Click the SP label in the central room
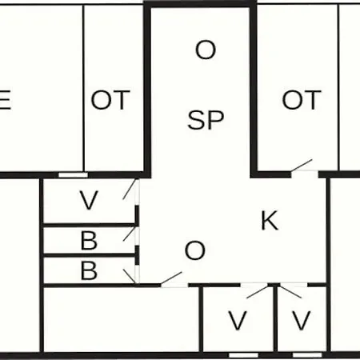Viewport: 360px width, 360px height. (206, 120)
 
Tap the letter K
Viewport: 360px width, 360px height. (270, 220)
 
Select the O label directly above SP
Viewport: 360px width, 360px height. (206, 50)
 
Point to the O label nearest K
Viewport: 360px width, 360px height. (195, 250)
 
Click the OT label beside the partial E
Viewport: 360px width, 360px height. (110, 100)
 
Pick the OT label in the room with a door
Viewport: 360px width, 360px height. (302, 100)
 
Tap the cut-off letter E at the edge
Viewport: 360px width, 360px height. (5, 100)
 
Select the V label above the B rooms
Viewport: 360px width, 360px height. (89, 200)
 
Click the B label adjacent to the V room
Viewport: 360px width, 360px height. (89, 240)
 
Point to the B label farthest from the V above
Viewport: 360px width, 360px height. (89, 270)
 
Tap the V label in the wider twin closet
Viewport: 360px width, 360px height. (238, 321)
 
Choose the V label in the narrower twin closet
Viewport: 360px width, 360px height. (302, 321)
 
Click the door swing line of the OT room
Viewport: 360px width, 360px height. (302, 165)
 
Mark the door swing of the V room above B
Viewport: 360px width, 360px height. (130, 190)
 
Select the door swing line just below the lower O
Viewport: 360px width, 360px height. (171, 278)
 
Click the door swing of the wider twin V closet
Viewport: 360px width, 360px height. (258, 292)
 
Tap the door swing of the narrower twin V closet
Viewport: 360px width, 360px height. (291, 292)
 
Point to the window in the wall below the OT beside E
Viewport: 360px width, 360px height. (73, 175)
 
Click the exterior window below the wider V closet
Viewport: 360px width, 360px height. (243, 355)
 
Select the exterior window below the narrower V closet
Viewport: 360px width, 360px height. (307, 355)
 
